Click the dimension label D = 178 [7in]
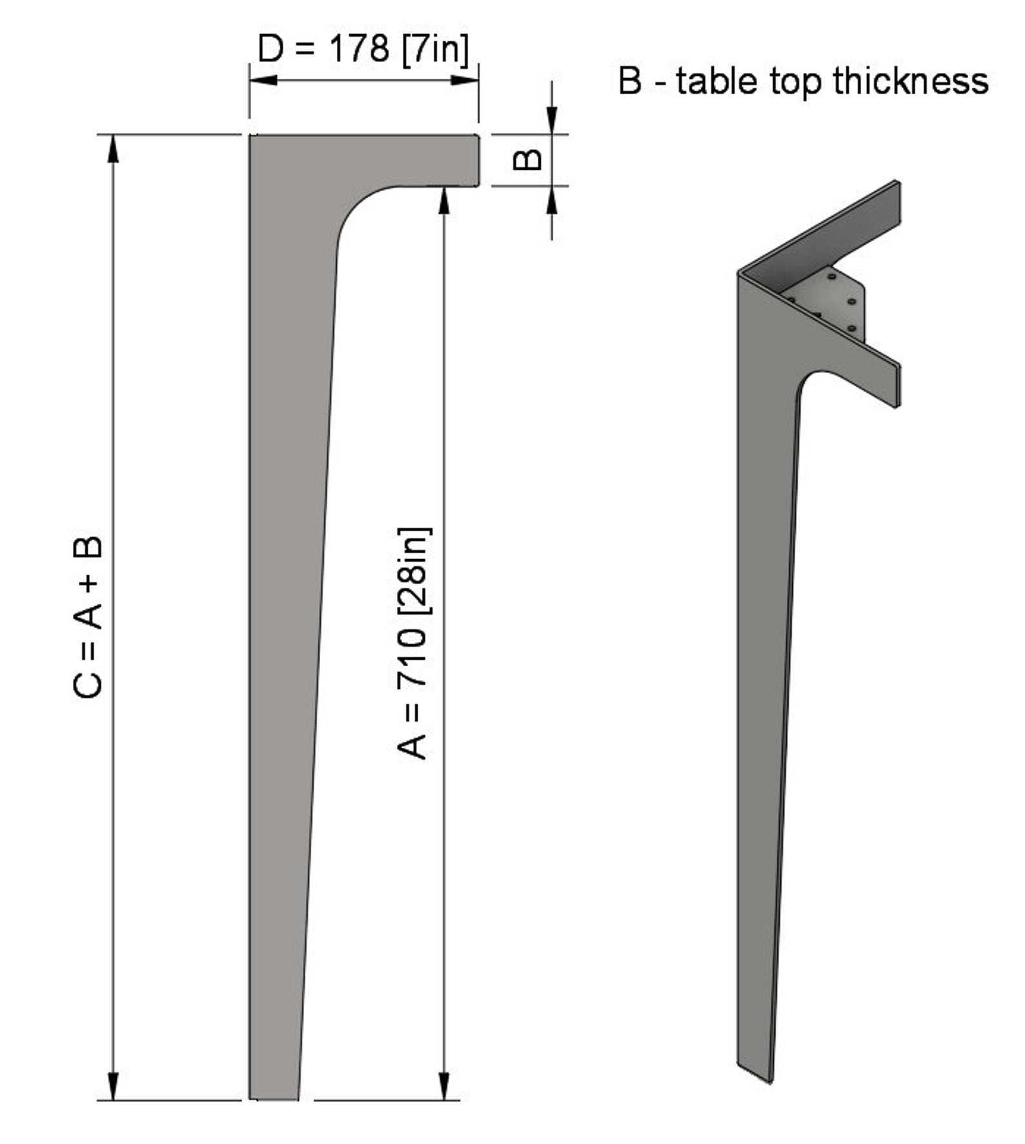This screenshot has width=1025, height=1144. [x=363, y=49]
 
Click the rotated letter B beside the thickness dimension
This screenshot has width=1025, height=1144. [x=527, y=159]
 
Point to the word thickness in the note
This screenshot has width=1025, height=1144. [x=911, y=81]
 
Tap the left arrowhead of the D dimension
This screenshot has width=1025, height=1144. [x=263, y=81]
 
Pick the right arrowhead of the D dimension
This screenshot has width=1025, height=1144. [x=465, y=81]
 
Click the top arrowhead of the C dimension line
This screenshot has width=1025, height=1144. [x=113, y=149]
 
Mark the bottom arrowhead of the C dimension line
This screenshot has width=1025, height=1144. [x=113, y=1087]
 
